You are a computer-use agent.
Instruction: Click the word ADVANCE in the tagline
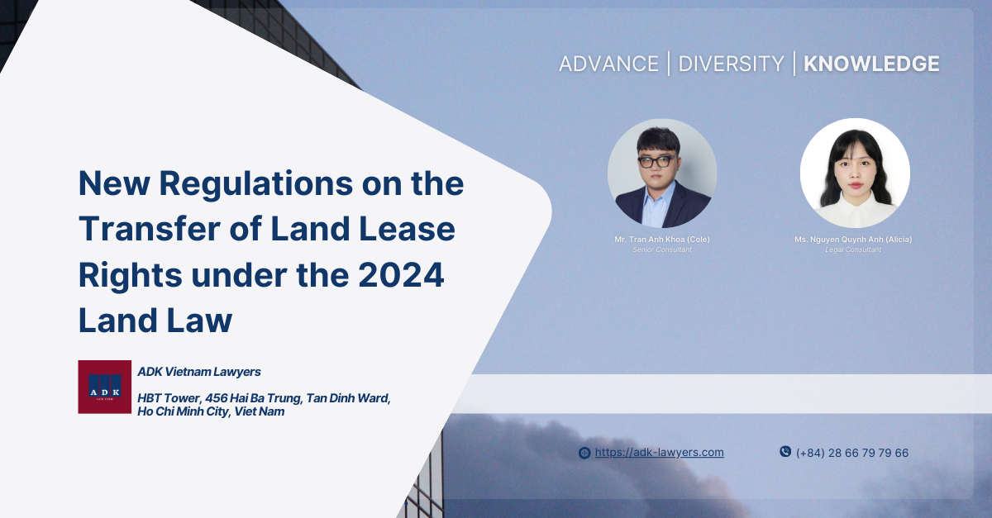[x=608, y=64]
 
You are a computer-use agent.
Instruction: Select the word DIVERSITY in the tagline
[x=731, y=64]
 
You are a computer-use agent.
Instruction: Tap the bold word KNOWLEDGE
[x=871, y=64]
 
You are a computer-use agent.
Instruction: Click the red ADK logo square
[x=104, y=387]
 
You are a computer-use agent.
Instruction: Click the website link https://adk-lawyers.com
[x=659, y=452]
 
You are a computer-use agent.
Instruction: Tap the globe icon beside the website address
[x=584, y=453]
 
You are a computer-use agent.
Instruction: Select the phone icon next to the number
[x=785, y=452]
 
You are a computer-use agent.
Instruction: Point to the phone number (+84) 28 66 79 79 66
[x=851, y=453]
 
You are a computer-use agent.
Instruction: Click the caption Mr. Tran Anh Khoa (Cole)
[x=661, y=240]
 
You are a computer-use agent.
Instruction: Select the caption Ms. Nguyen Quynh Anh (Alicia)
[x=853, y=240]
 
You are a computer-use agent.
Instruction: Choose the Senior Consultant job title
[x=661, y=249]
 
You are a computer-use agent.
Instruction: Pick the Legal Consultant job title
[x=853, y=249]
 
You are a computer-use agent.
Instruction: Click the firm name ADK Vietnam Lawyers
[x=199, y=372]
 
